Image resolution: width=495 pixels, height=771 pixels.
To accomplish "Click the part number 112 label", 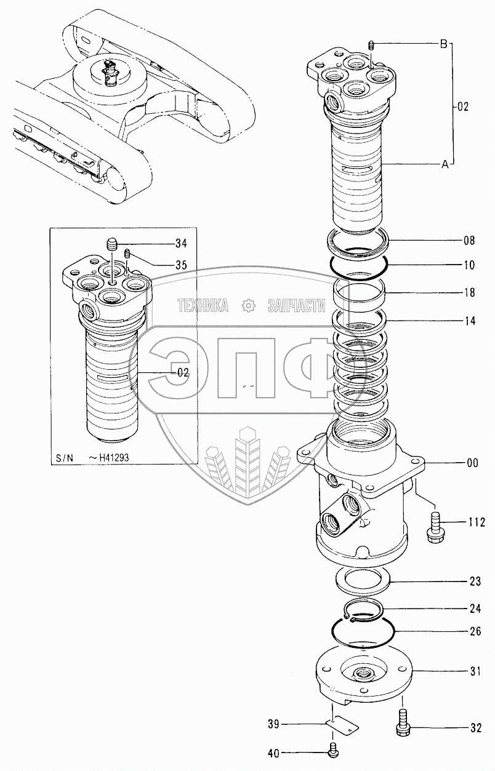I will (477, 523).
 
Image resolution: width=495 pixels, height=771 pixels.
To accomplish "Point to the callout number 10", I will (469, 266).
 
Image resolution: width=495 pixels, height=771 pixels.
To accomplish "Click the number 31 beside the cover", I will (475, 671).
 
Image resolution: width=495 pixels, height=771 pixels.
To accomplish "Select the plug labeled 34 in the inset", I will (112, 245).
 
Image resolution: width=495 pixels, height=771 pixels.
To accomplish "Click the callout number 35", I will (180, 265).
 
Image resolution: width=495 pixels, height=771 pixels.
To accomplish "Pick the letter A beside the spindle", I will (443, 164).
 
